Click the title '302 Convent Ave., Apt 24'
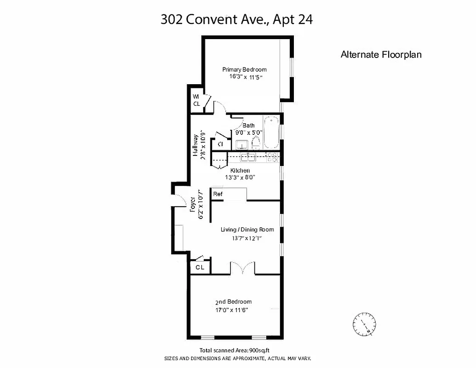coord(237,19)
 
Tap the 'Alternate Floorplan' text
coord(381,54)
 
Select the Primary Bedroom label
coord(244,69)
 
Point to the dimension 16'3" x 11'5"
coord(245,77)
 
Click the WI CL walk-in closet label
coord(196,100)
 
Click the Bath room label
coord(248,126)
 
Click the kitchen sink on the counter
coord(249,158)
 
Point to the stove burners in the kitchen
coord(272,158)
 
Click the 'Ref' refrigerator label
coord(218,194)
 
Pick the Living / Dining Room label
coord(247,230)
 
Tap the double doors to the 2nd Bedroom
coord(242,269)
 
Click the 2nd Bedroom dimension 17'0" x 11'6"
coord(234,310)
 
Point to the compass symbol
coord(365,323)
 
